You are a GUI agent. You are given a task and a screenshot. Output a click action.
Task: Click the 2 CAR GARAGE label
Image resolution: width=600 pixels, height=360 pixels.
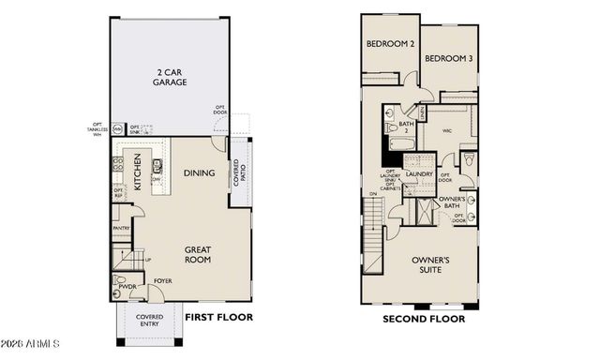click(x=171, y=76)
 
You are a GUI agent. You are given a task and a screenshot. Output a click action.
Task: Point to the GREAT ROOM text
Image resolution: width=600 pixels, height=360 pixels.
click(x=197, y=255)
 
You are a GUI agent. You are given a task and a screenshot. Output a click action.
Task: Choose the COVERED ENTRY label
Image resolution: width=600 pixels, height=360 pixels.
click(x=150, y=322)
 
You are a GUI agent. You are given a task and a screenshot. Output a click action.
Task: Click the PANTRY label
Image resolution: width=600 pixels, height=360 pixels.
click(x=120, y=228)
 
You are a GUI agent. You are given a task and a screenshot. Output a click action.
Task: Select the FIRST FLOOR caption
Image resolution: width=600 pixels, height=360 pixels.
click(x=218, y=318)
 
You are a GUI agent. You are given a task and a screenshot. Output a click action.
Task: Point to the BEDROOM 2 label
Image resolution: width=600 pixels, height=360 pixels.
click(x=390, y=44)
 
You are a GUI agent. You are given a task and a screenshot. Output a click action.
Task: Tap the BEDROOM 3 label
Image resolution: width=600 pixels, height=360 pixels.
click(x=448, y=58)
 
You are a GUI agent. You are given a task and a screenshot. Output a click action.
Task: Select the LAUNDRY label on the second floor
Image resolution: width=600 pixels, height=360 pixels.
click(x=418, y=173)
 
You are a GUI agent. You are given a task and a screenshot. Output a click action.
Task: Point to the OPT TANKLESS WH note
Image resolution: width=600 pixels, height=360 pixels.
click(x=95, y=129)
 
